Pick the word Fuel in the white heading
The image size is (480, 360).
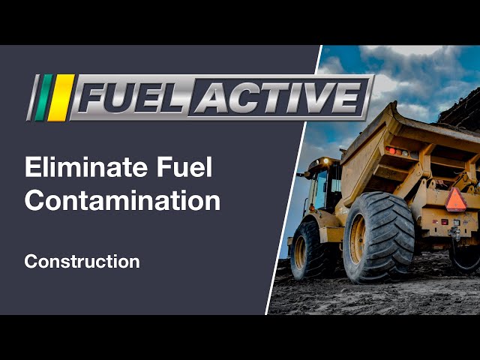point(184,166)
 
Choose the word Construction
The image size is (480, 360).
point(82,262)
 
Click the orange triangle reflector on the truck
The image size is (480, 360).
point(455,200)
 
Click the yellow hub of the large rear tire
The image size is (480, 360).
point(358,238)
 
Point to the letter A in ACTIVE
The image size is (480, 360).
point(211,97)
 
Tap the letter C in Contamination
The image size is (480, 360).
point(34,200)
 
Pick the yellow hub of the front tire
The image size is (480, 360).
point(300,252)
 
